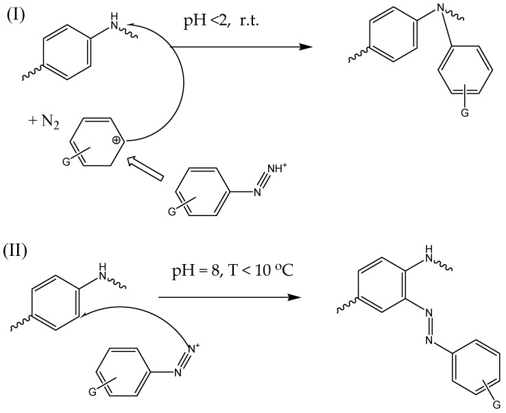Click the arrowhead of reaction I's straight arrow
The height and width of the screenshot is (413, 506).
click(x=299, y=47)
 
